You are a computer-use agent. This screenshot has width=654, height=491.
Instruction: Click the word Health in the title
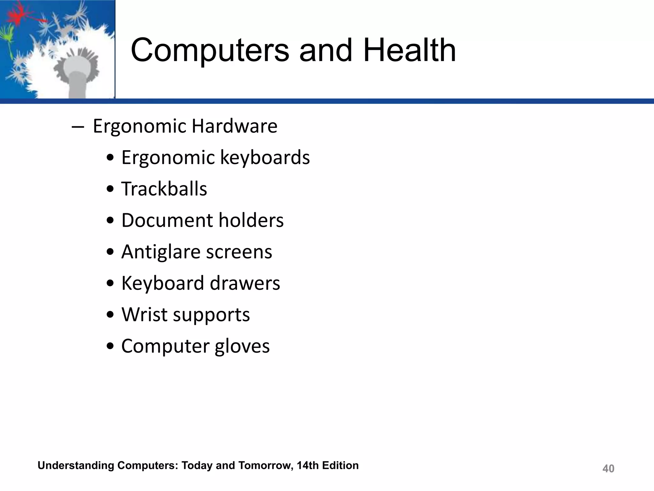(410, 50)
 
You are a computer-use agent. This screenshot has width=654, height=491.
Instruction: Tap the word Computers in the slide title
(210, 50)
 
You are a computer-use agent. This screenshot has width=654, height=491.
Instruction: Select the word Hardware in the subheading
(235, 126)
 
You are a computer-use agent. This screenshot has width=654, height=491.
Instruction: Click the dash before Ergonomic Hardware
(78, 127)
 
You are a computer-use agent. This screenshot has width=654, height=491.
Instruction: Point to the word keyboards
(265, 158)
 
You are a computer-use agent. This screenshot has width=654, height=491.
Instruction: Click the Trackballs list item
(164, 189)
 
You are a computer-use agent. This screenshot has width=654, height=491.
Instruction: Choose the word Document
(167, 220)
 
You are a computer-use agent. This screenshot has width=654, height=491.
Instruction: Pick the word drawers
(245, 283)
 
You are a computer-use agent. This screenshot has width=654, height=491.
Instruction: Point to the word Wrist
(144, 315)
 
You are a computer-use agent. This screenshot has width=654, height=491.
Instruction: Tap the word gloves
(242, 346)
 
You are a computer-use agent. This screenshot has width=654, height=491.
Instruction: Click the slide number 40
(608, 469)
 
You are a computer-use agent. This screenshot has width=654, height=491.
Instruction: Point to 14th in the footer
(308, 465)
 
